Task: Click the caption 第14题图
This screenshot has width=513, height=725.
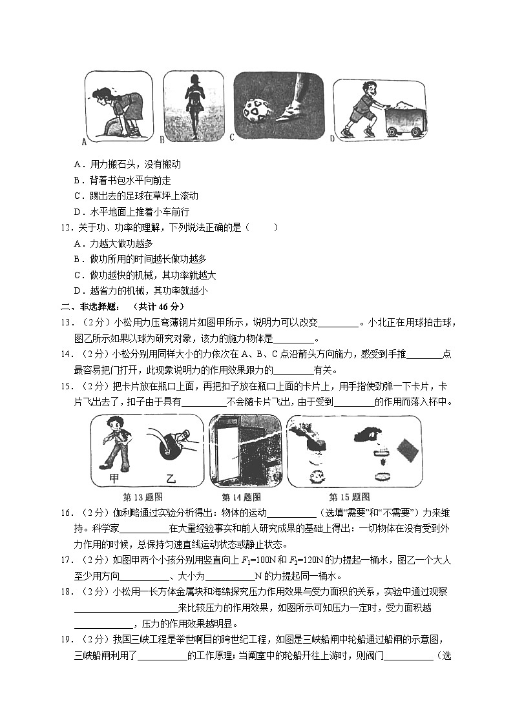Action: coord(241,497)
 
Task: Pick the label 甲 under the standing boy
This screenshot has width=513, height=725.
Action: coord(114,478)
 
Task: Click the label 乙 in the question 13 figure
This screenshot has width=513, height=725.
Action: coord(171,478)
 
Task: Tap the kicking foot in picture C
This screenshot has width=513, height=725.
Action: coord(295,103)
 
